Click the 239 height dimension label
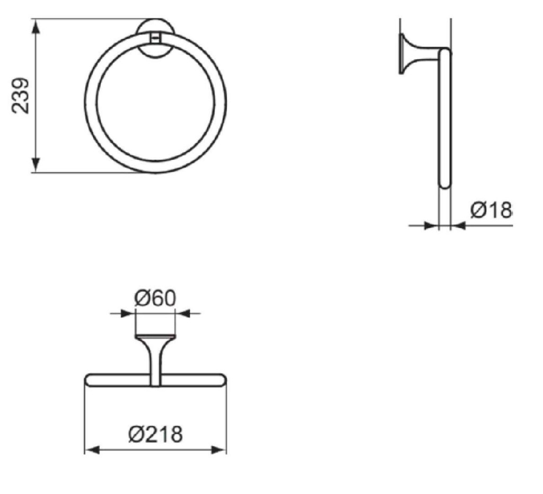[20, 96]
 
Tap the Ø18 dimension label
[491, 210]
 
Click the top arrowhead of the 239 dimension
[36, 27]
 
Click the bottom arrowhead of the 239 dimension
[36, 164]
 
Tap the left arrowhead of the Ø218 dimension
[92, 450]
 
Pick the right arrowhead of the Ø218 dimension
[219, 450]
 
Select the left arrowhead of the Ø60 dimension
[127, 314]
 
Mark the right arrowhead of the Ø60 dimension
[183, 314]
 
